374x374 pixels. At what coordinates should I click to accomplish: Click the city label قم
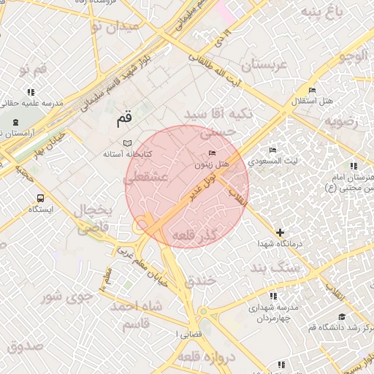[x=125, y=117]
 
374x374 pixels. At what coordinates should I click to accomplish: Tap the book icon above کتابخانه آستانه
[x=127, y=142]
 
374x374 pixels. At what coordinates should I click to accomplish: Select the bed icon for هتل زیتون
[x=213, y=153]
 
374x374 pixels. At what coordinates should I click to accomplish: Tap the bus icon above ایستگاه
[x=39, y=197]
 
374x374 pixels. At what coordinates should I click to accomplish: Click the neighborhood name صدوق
[x=26, y=346]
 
